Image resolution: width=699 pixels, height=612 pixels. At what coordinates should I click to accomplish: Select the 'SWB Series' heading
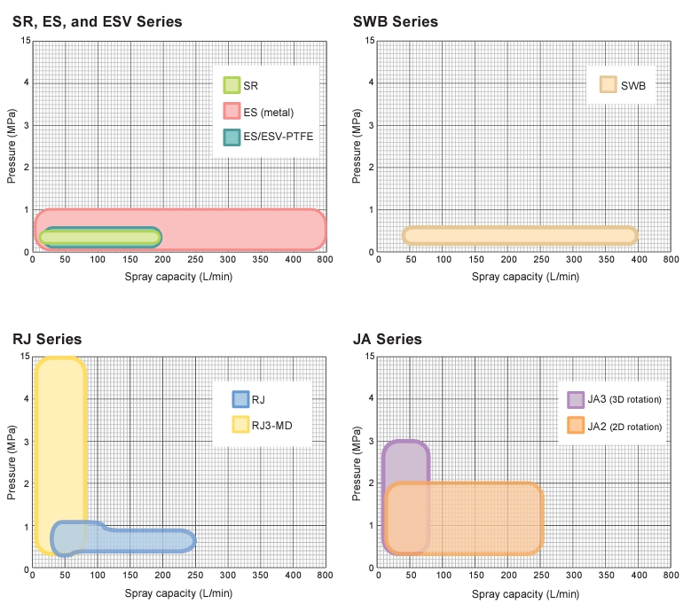coord(396,21)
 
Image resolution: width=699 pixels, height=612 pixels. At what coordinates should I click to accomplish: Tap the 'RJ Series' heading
coord(47,339)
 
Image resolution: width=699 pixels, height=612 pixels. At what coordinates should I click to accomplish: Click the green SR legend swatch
coord(232,85)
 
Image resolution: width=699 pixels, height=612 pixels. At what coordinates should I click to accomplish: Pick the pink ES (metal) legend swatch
coord(232,111)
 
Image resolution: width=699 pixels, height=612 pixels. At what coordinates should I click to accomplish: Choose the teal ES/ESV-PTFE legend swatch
coord(232,137)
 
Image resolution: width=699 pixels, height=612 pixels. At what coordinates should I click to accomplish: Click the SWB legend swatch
coord(609,85)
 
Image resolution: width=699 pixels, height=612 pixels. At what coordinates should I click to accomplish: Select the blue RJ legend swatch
coord(240,399)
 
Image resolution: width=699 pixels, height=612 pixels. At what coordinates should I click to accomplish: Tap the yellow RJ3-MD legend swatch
coord(240,425)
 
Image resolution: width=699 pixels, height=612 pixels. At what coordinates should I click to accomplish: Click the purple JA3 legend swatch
coord(576,399)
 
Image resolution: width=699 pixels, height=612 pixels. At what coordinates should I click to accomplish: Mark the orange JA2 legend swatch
coord(576,426)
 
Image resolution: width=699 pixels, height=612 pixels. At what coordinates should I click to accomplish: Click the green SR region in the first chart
coord(98,237)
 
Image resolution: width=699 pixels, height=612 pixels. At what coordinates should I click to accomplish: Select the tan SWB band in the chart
coord(520,235)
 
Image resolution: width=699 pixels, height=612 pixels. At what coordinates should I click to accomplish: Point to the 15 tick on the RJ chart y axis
coord(24,357)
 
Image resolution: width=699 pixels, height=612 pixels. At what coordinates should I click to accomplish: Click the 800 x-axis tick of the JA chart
coord(672,576)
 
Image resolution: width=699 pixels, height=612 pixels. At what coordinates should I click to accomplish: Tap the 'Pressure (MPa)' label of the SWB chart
coord(357,146)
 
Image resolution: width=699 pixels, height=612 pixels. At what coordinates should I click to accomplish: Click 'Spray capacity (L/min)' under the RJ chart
coord(178,592)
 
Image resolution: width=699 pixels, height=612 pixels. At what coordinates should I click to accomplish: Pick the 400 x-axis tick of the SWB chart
coord(640,261)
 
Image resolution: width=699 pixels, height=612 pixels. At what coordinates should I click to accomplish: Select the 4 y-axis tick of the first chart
coord(27,83)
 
